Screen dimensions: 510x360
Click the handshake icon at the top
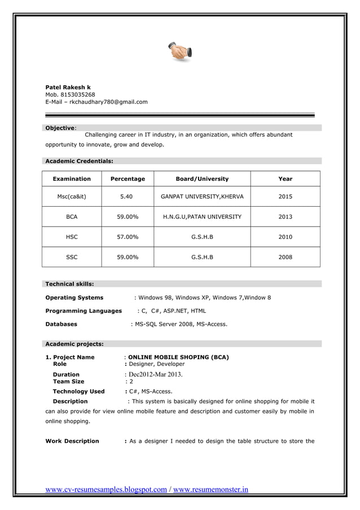180,51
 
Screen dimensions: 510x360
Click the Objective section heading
60,128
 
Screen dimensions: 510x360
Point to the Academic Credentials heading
79,161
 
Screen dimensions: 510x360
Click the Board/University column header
202,179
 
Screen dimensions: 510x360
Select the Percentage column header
128,179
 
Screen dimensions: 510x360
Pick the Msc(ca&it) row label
72,197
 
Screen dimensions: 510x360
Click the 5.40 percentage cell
127,197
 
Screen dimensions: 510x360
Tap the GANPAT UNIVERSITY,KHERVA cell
202,197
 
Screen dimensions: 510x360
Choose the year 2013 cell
285,217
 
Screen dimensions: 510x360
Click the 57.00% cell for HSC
128,237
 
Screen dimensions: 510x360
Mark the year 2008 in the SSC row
285,258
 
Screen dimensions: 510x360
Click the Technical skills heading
69,284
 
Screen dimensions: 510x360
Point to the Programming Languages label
84,311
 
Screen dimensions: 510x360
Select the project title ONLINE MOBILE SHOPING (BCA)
178,358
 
